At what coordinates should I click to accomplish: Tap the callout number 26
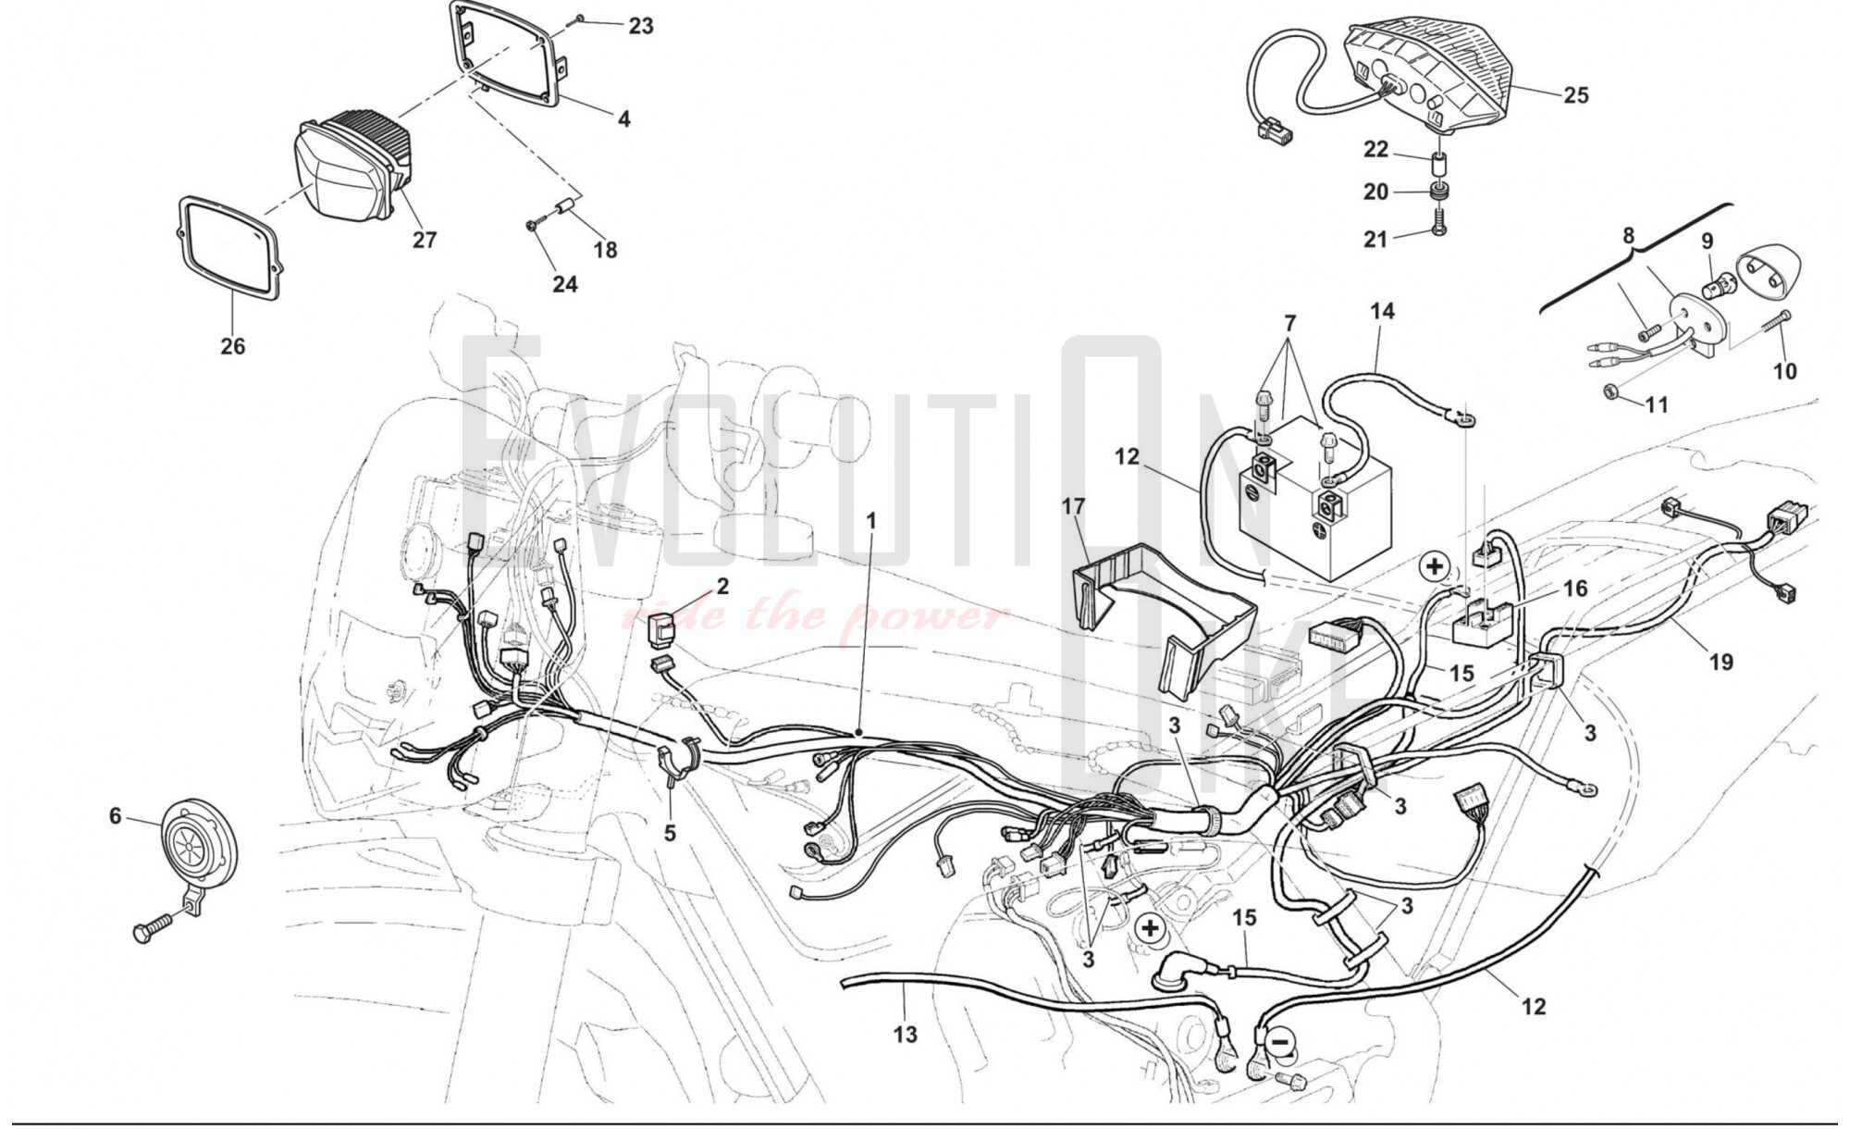[233, 346]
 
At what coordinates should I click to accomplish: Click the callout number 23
[641, 26]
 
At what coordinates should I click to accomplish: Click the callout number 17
[1073, 506]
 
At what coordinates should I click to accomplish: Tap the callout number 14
[1382, 311]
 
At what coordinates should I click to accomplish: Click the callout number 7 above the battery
[1289, 324]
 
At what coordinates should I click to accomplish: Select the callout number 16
[1575, 589]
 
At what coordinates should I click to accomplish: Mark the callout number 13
[906, 1034]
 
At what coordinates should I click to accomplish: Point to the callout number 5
[670, 833]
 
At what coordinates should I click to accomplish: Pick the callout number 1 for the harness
[870, 521]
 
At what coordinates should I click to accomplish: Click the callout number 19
[1720, 662]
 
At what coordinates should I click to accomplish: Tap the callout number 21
[1375, 239]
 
